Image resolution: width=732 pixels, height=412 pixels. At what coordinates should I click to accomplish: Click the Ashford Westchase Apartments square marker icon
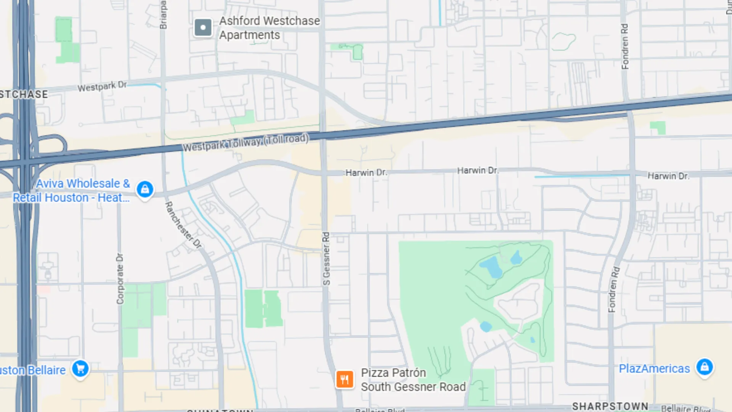203,27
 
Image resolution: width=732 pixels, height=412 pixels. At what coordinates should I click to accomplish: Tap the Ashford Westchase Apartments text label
269,28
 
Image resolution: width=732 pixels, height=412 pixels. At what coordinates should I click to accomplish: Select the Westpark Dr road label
102,87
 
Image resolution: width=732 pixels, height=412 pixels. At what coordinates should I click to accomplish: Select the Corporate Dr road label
120,278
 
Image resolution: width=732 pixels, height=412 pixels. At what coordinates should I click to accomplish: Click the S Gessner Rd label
326,259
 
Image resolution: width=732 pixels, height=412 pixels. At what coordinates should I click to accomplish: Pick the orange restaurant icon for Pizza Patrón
344,379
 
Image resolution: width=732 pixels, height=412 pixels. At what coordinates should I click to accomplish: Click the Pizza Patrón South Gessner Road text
413,380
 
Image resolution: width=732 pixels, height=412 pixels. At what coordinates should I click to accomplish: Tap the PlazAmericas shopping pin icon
704,367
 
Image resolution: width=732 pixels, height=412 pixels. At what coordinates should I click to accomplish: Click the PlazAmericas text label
654,369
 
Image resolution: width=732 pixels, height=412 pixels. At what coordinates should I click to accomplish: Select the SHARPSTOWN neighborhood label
610,406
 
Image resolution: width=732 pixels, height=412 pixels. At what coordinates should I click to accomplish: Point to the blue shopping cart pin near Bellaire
80,369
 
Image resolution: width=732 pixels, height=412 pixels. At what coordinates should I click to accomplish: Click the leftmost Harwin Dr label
366,173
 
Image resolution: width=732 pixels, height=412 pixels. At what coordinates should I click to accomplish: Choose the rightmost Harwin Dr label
668,176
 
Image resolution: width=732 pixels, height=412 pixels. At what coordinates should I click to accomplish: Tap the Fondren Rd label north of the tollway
625,47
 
